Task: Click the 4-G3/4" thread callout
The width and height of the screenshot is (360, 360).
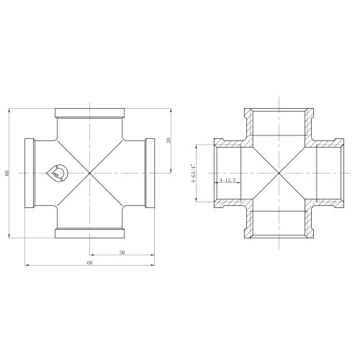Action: [193, 174]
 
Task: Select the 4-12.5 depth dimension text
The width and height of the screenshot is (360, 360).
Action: [228, 180]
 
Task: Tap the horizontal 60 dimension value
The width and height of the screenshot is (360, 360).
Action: [89, 263]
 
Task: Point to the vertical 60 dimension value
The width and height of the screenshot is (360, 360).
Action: [7, 173]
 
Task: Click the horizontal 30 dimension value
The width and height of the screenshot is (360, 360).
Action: [122, 253]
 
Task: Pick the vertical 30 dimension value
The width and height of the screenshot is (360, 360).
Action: [168, 140]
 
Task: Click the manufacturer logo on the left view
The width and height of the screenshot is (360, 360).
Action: [57, 173]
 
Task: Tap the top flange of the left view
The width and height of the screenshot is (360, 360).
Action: [90, 113]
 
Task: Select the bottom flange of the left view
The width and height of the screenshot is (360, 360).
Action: [90, 233]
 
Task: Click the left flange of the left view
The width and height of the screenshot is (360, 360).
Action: [30, 173]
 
